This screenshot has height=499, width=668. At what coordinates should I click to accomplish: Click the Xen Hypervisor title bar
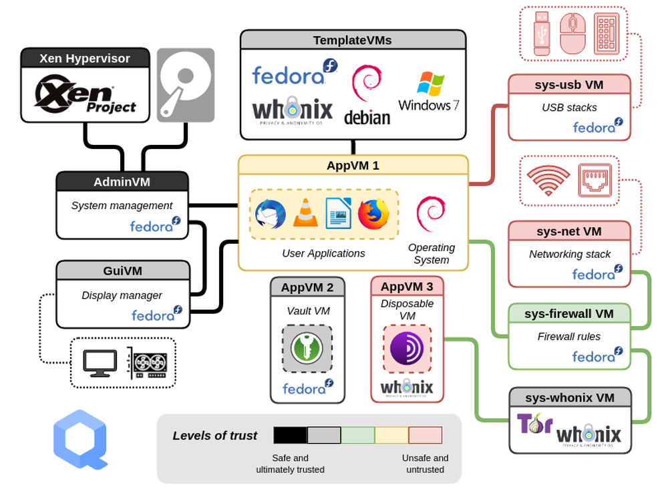coord(84,58)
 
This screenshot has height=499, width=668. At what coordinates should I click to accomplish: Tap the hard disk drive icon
coord(186,85)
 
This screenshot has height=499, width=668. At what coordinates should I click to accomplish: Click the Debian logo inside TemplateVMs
coord(367,95)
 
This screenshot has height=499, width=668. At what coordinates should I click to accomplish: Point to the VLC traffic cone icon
coord(305,214)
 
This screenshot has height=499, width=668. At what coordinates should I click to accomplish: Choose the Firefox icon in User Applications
coord(373,214)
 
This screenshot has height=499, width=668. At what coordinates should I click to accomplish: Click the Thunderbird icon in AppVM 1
coord(271,214)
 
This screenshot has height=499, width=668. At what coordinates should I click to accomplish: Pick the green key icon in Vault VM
coord(307,348)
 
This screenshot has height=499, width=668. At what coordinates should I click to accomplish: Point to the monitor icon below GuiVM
coord(100,362)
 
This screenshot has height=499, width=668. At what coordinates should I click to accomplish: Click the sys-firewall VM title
coord(568,313)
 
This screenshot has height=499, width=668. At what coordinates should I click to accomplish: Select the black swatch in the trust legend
coord(290,436)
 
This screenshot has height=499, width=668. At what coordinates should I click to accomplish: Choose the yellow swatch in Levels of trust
coord(391,436)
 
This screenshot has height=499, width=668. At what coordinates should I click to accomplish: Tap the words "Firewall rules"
coord(568,337)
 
